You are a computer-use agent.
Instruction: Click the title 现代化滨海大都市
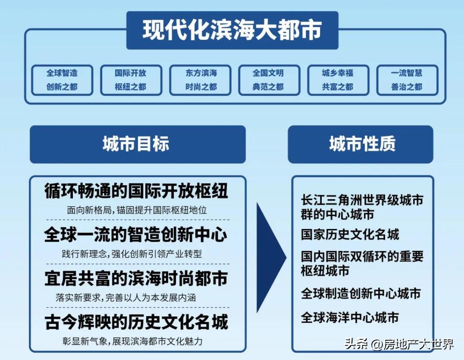(232, 30)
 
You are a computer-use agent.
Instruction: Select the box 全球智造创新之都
(62, 80)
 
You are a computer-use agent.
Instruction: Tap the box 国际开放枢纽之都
(131, 80)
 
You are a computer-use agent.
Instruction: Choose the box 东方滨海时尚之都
(200, 80)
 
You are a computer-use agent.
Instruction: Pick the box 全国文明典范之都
(269, 80)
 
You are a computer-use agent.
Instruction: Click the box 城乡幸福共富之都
(338, 80)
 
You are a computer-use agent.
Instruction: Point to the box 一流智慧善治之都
(407, 80)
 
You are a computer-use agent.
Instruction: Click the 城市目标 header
(138, 144)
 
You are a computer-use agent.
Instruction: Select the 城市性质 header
(360, 144)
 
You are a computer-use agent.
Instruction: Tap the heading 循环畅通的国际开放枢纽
(137, 191)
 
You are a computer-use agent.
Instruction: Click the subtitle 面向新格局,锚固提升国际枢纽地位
(137, 210)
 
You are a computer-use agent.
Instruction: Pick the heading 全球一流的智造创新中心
(136, 235)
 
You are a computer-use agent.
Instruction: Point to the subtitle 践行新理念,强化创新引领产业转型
(132, 254)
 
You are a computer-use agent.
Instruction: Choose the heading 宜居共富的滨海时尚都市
(137, 278)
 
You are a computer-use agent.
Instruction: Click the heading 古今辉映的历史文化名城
(137, 322)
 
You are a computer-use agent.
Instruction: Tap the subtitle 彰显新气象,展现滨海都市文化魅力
(133, 341)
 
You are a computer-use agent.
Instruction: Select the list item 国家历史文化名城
(350, 235)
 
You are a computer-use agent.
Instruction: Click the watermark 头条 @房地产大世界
(399, 344)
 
